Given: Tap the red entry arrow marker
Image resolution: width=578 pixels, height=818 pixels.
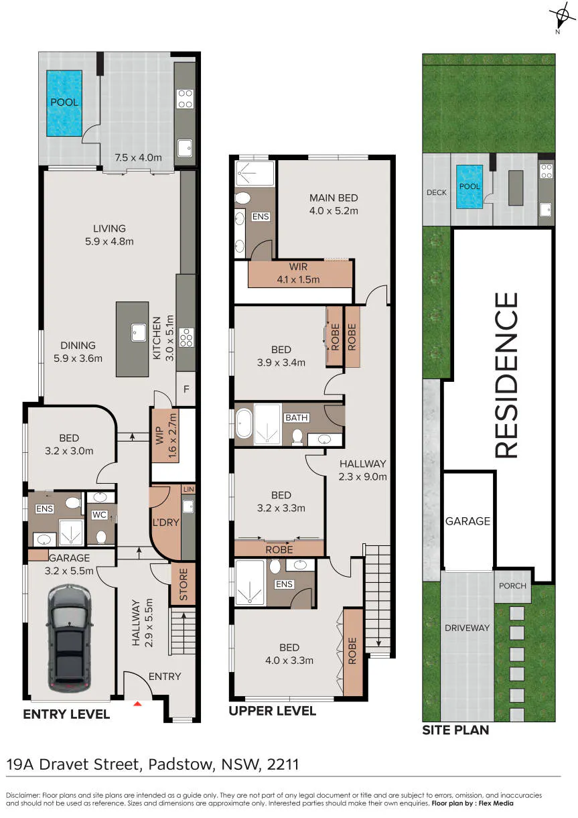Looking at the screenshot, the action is pos(137,703).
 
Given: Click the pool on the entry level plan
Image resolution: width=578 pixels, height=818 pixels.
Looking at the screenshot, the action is pos(64,103).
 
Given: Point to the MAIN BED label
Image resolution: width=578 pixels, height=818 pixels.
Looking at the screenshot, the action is pos(334,198).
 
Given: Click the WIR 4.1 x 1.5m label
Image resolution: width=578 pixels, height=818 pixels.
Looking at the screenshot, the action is pos(298,273).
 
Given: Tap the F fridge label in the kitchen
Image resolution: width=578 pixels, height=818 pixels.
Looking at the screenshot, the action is pos(186,389).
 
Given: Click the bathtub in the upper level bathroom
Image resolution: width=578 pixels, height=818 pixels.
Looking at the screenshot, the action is pos(244,423).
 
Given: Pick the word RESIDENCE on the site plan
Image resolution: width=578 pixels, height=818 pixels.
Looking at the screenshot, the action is pos(506,375).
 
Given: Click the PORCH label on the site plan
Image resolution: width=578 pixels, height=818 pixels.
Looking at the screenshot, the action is pos(512,586).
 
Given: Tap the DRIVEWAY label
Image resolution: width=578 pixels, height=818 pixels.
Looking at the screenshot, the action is pos(467,628).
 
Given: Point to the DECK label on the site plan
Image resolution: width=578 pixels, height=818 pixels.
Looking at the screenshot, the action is pos(436,192).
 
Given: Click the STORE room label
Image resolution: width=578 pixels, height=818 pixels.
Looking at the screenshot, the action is pos(184,585).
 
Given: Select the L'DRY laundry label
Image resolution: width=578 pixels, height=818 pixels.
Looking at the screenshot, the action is pos(166,522).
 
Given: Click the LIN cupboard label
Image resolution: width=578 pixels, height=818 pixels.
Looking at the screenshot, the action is pos(189,489).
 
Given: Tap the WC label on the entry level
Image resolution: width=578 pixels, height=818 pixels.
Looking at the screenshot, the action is pos(99,515).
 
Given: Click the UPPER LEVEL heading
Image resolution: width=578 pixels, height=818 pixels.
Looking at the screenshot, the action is pos(273,711).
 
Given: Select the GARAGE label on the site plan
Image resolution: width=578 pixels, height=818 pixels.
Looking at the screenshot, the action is pos(467,521).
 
